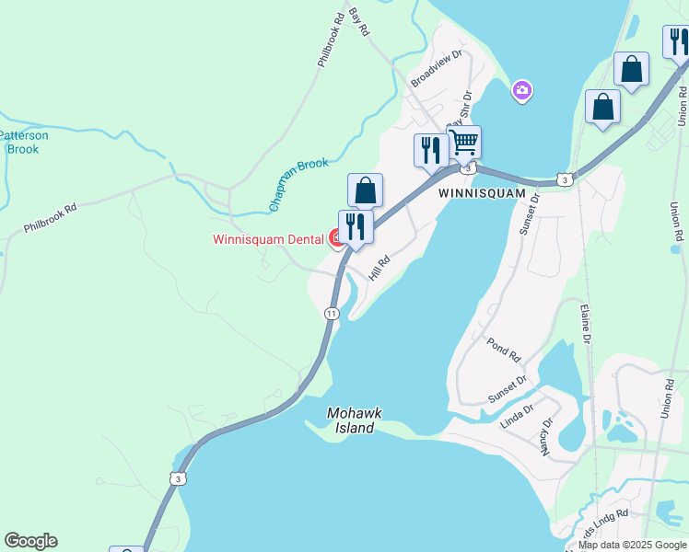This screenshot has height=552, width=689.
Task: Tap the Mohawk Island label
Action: click(x=354, y=420)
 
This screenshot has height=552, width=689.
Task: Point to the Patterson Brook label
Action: click(x=23, y=142)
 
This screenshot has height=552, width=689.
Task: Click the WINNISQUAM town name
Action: click(x=481, y=194)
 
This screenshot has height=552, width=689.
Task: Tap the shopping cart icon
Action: click(x=464, y=143)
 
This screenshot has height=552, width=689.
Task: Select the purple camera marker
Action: click(x=522, y=90)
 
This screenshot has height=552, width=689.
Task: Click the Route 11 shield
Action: click(x=332, y=314)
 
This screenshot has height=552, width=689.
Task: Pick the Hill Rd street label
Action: click(x=380, y=268)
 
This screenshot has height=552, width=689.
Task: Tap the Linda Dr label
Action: click(x=517, y=417)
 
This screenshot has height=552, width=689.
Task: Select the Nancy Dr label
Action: click(x=546, y=437)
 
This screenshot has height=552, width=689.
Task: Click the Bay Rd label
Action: click(x=359, y=23)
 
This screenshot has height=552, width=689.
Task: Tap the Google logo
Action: click(x=30, y=541)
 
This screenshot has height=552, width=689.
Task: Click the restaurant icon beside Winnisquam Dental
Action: click(x=356, y=226)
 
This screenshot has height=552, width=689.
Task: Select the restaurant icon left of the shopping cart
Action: click(x=431, y=150)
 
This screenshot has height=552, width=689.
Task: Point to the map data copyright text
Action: click(x=631, y=545)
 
